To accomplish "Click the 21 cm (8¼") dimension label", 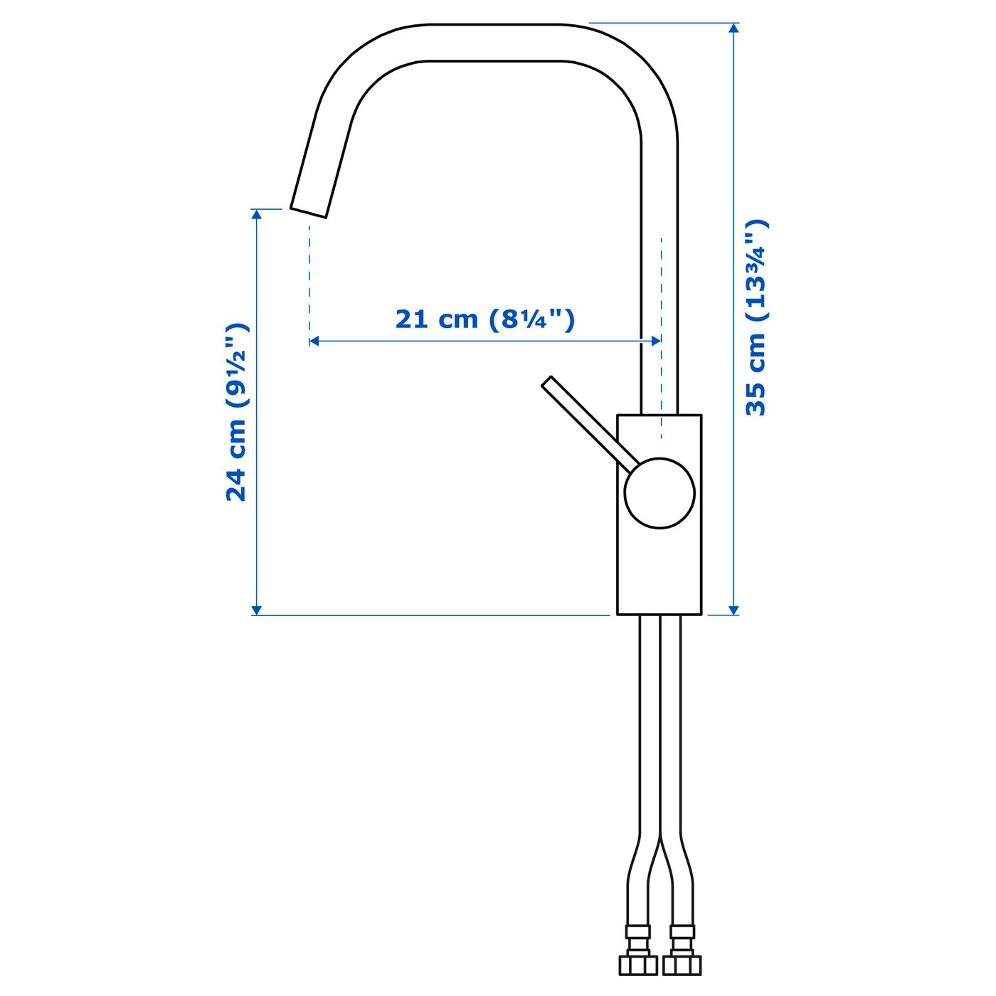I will click(x=484, y=319).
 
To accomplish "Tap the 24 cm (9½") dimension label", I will click(x=236, y=413).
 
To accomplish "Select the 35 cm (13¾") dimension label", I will click(x=756, y=317).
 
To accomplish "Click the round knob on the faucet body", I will click(x=659, y=493).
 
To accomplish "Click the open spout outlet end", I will click(x=309, y=211).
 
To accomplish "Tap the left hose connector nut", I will click(x=638, y=964).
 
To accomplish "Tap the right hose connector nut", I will click(x=682, y=964).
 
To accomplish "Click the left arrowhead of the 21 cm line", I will click(x=314, y=341).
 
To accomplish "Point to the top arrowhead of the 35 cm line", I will click(x=734, y=28).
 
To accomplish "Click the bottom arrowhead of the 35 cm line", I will click(x=734, y=610).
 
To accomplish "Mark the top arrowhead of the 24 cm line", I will click(x=257, y=214).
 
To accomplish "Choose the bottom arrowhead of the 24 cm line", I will click(x=257, y=610).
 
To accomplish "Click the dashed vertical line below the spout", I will click(x=309, y=277).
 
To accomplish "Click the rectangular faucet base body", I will click(x=659, y=569).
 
